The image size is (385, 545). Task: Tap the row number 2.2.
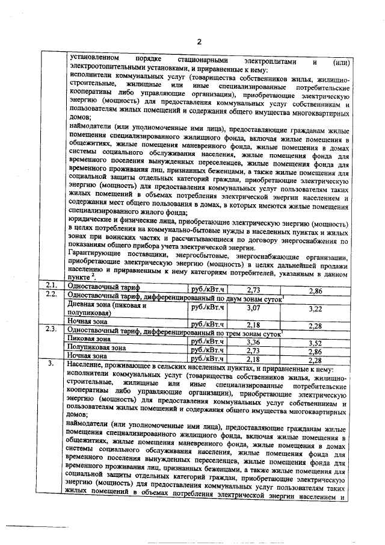pos(51,295)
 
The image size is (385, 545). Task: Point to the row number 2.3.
pos(51,330)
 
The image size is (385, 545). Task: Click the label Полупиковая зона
pos(97,347)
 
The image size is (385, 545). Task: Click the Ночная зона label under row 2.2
pos(88,323)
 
